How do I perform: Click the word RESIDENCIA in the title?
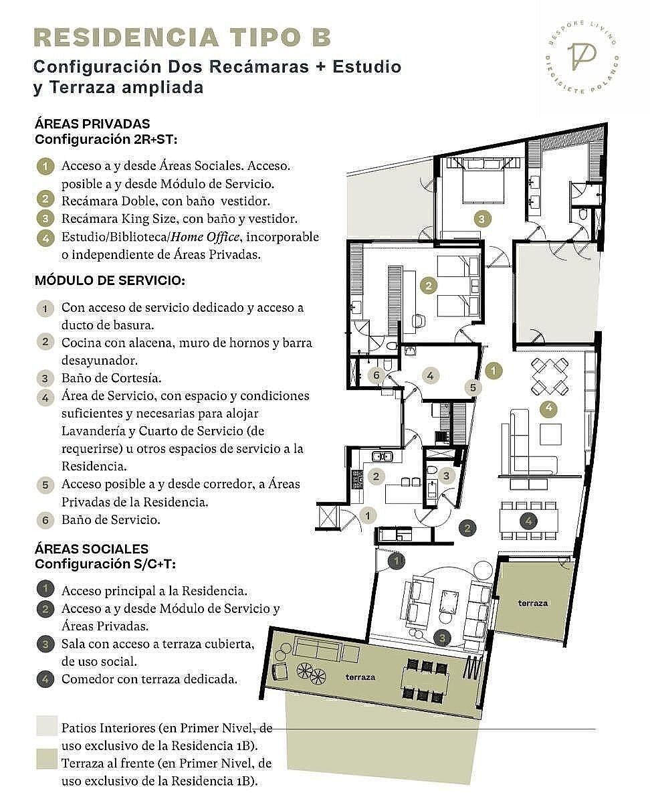(x=126, y=38)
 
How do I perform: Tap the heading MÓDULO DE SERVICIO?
(x=110, y=281)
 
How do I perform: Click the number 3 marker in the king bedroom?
(x=481, y=219)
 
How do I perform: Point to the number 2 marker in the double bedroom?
(x=429, y=286)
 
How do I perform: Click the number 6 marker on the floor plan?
(x=376, y=375)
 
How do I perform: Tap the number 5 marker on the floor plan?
(x=473, y=387)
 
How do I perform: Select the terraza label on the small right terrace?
(x=533, y=603)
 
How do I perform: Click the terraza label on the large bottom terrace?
(x=360, y=688)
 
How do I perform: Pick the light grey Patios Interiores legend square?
(x=47, y=726)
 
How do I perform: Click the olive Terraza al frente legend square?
(x=47, y=758)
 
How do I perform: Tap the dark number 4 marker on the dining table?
(x=528, y=521)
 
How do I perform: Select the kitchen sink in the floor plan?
(x=382, y=457)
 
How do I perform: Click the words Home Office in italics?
(x=205, y=237)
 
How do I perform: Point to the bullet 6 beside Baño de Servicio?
(x=45, y=520)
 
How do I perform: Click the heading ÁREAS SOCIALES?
(x=92, y=549)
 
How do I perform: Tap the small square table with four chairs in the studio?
(x=550, y=377)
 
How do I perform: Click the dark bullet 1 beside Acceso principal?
(x=45, y=589)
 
